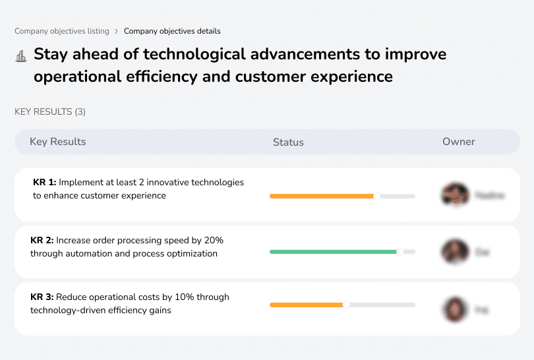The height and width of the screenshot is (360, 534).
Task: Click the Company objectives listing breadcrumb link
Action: coord(61,31)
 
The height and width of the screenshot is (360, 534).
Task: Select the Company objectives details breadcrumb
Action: coord(172,31)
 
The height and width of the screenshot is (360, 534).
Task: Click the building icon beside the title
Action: coord(20,56)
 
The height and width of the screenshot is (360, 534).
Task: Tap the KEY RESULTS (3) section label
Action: coord(50,112)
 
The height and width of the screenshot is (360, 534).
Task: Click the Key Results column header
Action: coord(57,142)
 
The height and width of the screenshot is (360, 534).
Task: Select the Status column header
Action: coord(288,142)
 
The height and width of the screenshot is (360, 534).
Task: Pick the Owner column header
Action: coord(458,142)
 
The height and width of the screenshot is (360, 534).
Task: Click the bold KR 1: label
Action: coord(44,183)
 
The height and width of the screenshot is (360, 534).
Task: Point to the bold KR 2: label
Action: coord(42,241)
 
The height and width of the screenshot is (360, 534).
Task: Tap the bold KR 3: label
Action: coord(42,297)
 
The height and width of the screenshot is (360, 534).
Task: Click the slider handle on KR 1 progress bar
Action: coord(377,196)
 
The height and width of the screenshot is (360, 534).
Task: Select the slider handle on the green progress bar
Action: coord(400,252)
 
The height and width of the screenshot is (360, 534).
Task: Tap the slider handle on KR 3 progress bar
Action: coord(346,305)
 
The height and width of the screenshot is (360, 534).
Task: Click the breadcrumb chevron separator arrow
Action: coord(117,31)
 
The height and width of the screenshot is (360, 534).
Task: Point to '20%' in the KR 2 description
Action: coord(214,241)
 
